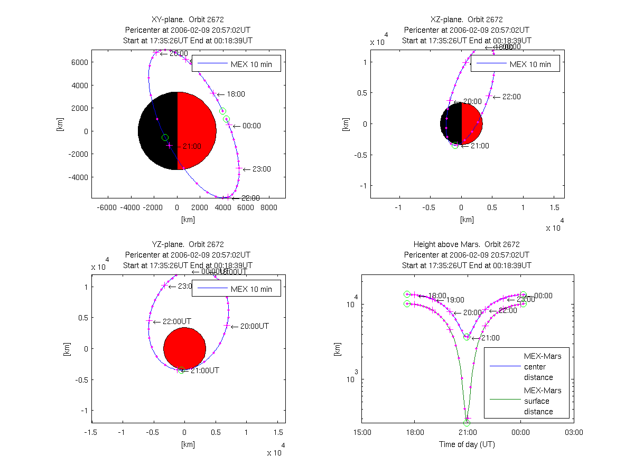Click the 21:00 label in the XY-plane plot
click(190, 146)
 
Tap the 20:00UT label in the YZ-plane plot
click(254, 327)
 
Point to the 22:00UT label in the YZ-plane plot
click(176, 321)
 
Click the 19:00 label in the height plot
click(455, 300)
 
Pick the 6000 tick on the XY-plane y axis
click(79, 62)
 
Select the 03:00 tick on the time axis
click(574, 432)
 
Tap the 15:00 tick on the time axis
click(362, 432)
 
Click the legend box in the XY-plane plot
click(236, 63)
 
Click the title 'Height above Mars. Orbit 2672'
click(467, 244)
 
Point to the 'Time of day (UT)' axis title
click(467, 444)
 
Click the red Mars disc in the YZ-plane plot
click(184, 348)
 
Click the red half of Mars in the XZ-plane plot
click(472, 123)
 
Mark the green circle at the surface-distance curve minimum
click(467, 423)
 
